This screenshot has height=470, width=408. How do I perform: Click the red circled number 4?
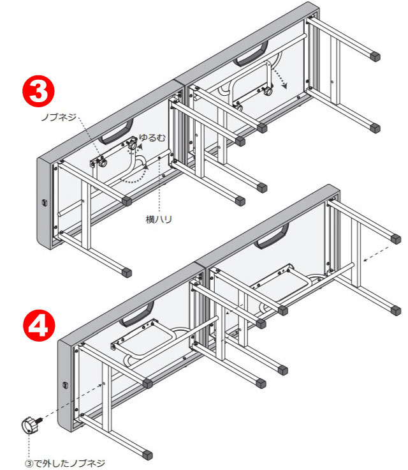click(x=40, y=326)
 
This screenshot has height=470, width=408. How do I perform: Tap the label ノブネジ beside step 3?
click(x=59, y=117)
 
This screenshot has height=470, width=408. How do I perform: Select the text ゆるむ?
click(x=152, y=138)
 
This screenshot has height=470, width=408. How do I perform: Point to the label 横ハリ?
click(x=159, y=220)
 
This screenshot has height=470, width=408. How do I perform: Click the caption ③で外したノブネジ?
click(x=65, y=463)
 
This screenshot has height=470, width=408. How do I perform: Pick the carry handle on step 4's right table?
click(x=272, y=236)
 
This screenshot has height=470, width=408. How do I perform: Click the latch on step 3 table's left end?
click(x=45, y=202)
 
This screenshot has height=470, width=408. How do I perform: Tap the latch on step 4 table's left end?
click(x=65, y=385)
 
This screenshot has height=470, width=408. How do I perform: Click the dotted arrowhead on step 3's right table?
click(x=284, y=86)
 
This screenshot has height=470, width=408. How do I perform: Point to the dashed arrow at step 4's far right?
click(x=377, y=254)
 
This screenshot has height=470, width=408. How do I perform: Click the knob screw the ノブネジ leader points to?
click(x=102, y=163)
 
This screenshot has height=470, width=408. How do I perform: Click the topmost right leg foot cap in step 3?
click(x=375, y=56)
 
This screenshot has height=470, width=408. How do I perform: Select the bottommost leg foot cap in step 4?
click(x=147, y=455)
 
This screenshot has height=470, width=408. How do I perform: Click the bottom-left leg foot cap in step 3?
click(x=127, y=273)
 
